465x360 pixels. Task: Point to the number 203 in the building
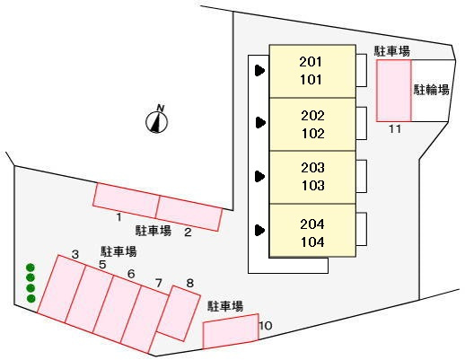coord(311,168)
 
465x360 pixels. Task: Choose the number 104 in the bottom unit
coord(311,241)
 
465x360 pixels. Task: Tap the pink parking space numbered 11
coord(393,90)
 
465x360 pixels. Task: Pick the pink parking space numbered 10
coord(230,332)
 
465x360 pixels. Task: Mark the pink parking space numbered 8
coord(177,312)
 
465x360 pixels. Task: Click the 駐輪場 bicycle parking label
coord(431,90)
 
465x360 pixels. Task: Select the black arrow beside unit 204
coord(260,230)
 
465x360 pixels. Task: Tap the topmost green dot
coord(31,268)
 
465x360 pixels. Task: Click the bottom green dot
coord(31,298)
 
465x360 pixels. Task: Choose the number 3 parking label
coord(75,255)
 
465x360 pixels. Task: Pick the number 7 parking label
coord(158,284)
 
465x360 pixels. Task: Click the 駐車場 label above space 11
coord(391,51)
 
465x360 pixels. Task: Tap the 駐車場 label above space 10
coord(225,306)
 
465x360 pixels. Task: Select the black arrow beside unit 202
coord(260,122)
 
